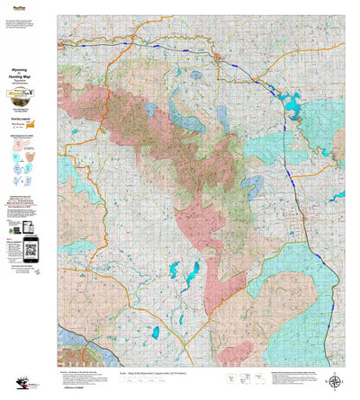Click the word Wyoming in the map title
pyautogui.click(x=27, y=67)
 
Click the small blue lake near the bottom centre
pyautogui.click(x=155, y=333)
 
